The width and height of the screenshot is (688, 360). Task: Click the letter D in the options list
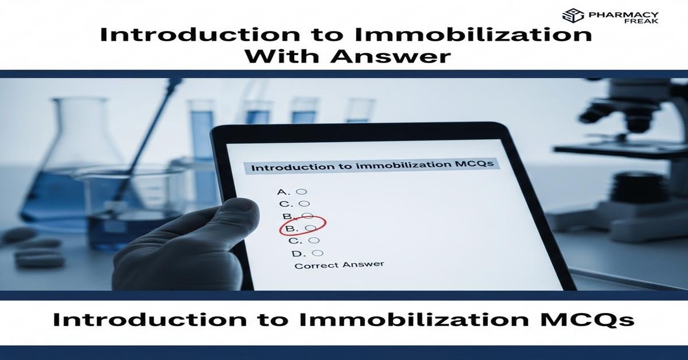pyautogui.click(x=296, y=253)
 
